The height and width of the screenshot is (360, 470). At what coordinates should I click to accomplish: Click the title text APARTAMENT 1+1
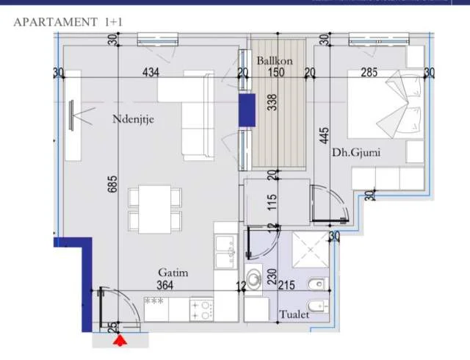tap(68, 21)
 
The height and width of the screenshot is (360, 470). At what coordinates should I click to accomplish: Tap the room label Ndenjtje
tap(133, 118)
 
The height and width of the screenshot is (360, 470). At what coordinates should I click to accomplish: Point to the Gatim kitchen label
tap(173, 273)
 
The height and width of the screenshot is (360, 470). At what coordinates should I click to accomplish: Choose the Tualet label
tap(294, 314)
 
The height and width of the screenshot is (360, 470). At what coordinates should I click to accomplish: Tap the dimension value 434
tap(151, 72)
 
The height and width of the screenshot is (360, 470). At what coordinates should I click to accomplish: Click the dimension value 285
tap(369, 72)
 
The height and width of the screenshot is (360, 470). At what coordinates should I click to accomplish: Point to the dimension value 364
tap(166, 286)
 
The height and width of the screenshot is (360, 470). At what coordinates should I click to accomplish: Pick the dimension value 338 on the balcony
tap(272, 102)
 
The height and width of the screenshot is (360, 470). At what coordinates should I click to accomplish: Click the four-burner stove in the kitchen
tap(200, 309)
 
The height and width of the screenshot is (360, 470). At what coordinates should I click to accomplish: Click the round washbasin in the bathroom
tap(255, 280)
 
